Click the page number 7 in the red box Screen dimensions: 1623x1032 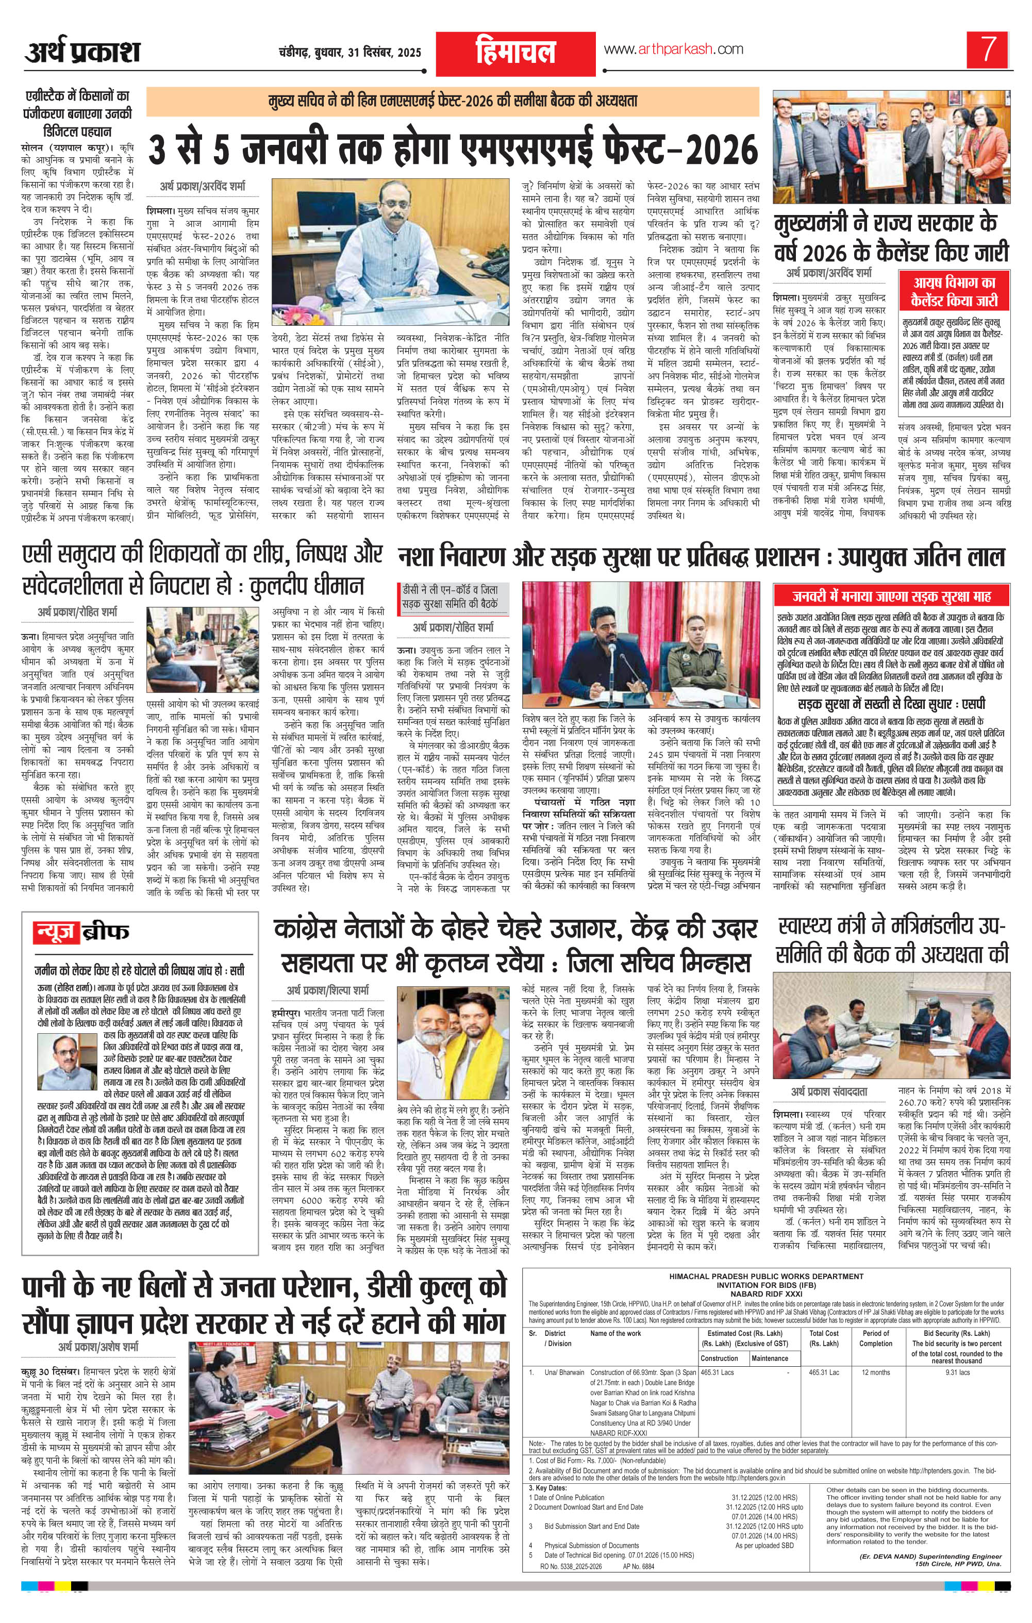tap(988, 50)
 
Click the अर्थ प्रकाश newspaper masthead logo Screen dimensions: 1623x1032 tap(83, 51)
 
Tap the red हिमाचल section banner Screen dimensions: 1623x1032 tap(515, 51)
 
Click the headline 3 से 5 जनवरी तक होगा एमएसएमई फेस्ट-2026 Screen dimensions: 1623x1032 tap(451, 147)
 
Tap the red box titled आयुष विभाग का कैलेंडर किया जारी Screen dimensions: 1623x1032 tap(953, 291)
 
